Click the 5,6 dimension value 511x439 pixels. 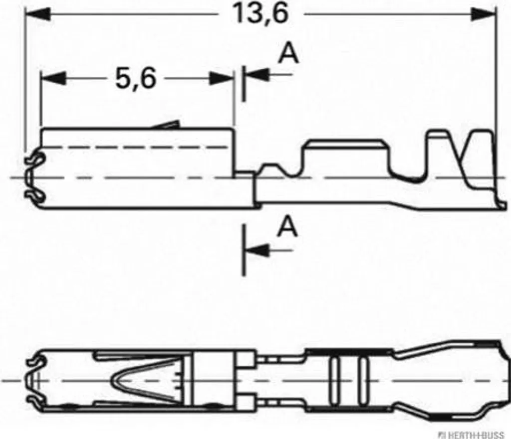click(x=136, y=79)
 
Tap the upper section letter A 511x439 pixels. click(x=288, y=53)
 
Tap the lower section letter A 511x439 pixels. click(x=287, y=227)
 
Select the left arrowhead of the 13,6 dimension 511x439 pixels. click(x=38, y=14)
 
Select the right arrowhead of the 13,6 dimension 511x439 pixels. click(x=484, y=14)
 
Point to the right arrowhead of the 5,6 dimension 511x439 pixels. click(x=221, y=78)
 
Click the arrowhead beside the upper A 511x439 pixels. click(x=257, y=75)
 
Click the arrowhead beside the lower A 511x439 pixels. click(x=257, y=250)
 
